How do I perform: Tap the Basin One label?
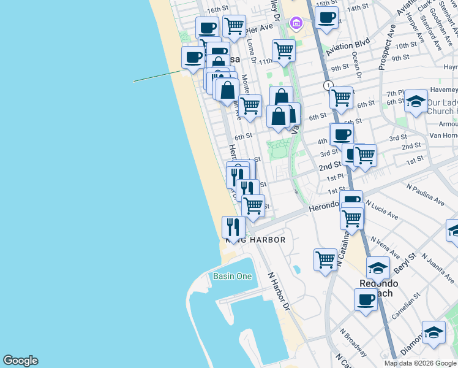click(232, 277)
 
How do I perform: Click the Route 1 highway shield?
click(329, 85)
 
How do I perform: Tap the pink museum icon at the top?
click(296, 23)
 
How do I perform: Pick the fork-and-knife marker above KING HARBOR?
click(233, 227)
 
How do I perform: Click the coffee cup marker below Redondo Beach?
click(366, 299)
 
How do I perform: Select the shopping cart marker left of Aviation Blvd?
click(283, 50)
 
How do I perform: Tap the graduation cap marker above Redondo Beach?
click(378, 267)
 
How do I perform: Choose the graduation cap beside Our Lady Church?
click(416, 101)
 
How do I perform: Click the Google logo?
click(20, 361)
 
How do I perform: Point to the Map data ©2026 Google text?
click(421, 363)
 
